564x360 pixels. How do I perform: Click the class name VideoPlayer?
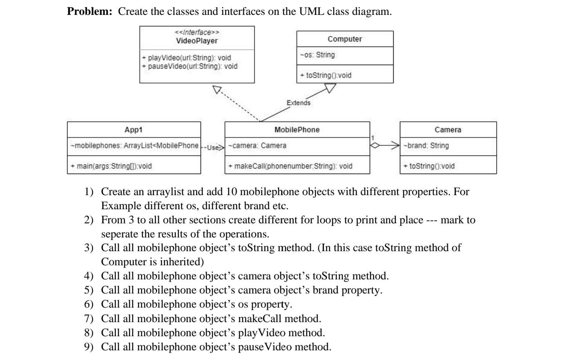pos(197,41)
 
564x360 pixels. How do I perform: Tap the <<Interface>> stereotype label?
pos(197,32)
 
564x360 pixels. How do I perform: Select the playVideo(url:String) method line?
pos(186,58)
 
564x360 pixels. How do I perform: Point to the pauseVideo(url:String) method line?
pos(190,66)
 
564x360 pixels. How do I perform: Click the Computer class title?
pos(345,39)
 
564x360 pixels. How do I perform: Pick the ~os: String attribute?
pos(317,55)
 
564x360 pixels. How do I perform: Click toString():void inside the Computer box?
pos(326,75)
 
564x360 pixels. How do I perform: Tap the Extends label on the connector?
pos(298,103)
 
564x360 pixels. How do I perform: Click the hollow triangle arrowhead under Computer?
pos(331,89)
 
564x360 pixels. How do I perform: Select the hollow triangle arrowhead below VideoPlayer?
pos(217,90)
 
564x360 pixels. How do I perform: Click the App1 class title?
pos(134,130)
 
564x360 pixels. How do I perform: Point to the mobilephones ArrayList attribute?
pos(134,146)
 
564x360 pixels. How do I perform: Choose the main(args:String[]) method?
pos(111,166)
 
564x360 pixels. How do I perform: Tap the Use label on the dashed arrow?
pos(213,148)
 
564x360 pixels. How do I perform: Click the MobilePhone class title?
pos(297,130)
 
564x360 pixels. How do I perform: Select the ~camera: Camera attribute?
pos(257,146)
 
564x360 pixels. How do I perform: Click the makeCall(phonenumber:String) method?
pos(290,166)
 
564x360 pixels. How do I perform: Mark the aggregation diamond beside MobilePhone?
pos(375,145)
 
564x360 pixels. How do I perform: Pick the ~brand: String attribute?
pos(426,146)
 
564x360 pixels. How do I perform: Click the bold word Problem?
pos(90,11)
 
